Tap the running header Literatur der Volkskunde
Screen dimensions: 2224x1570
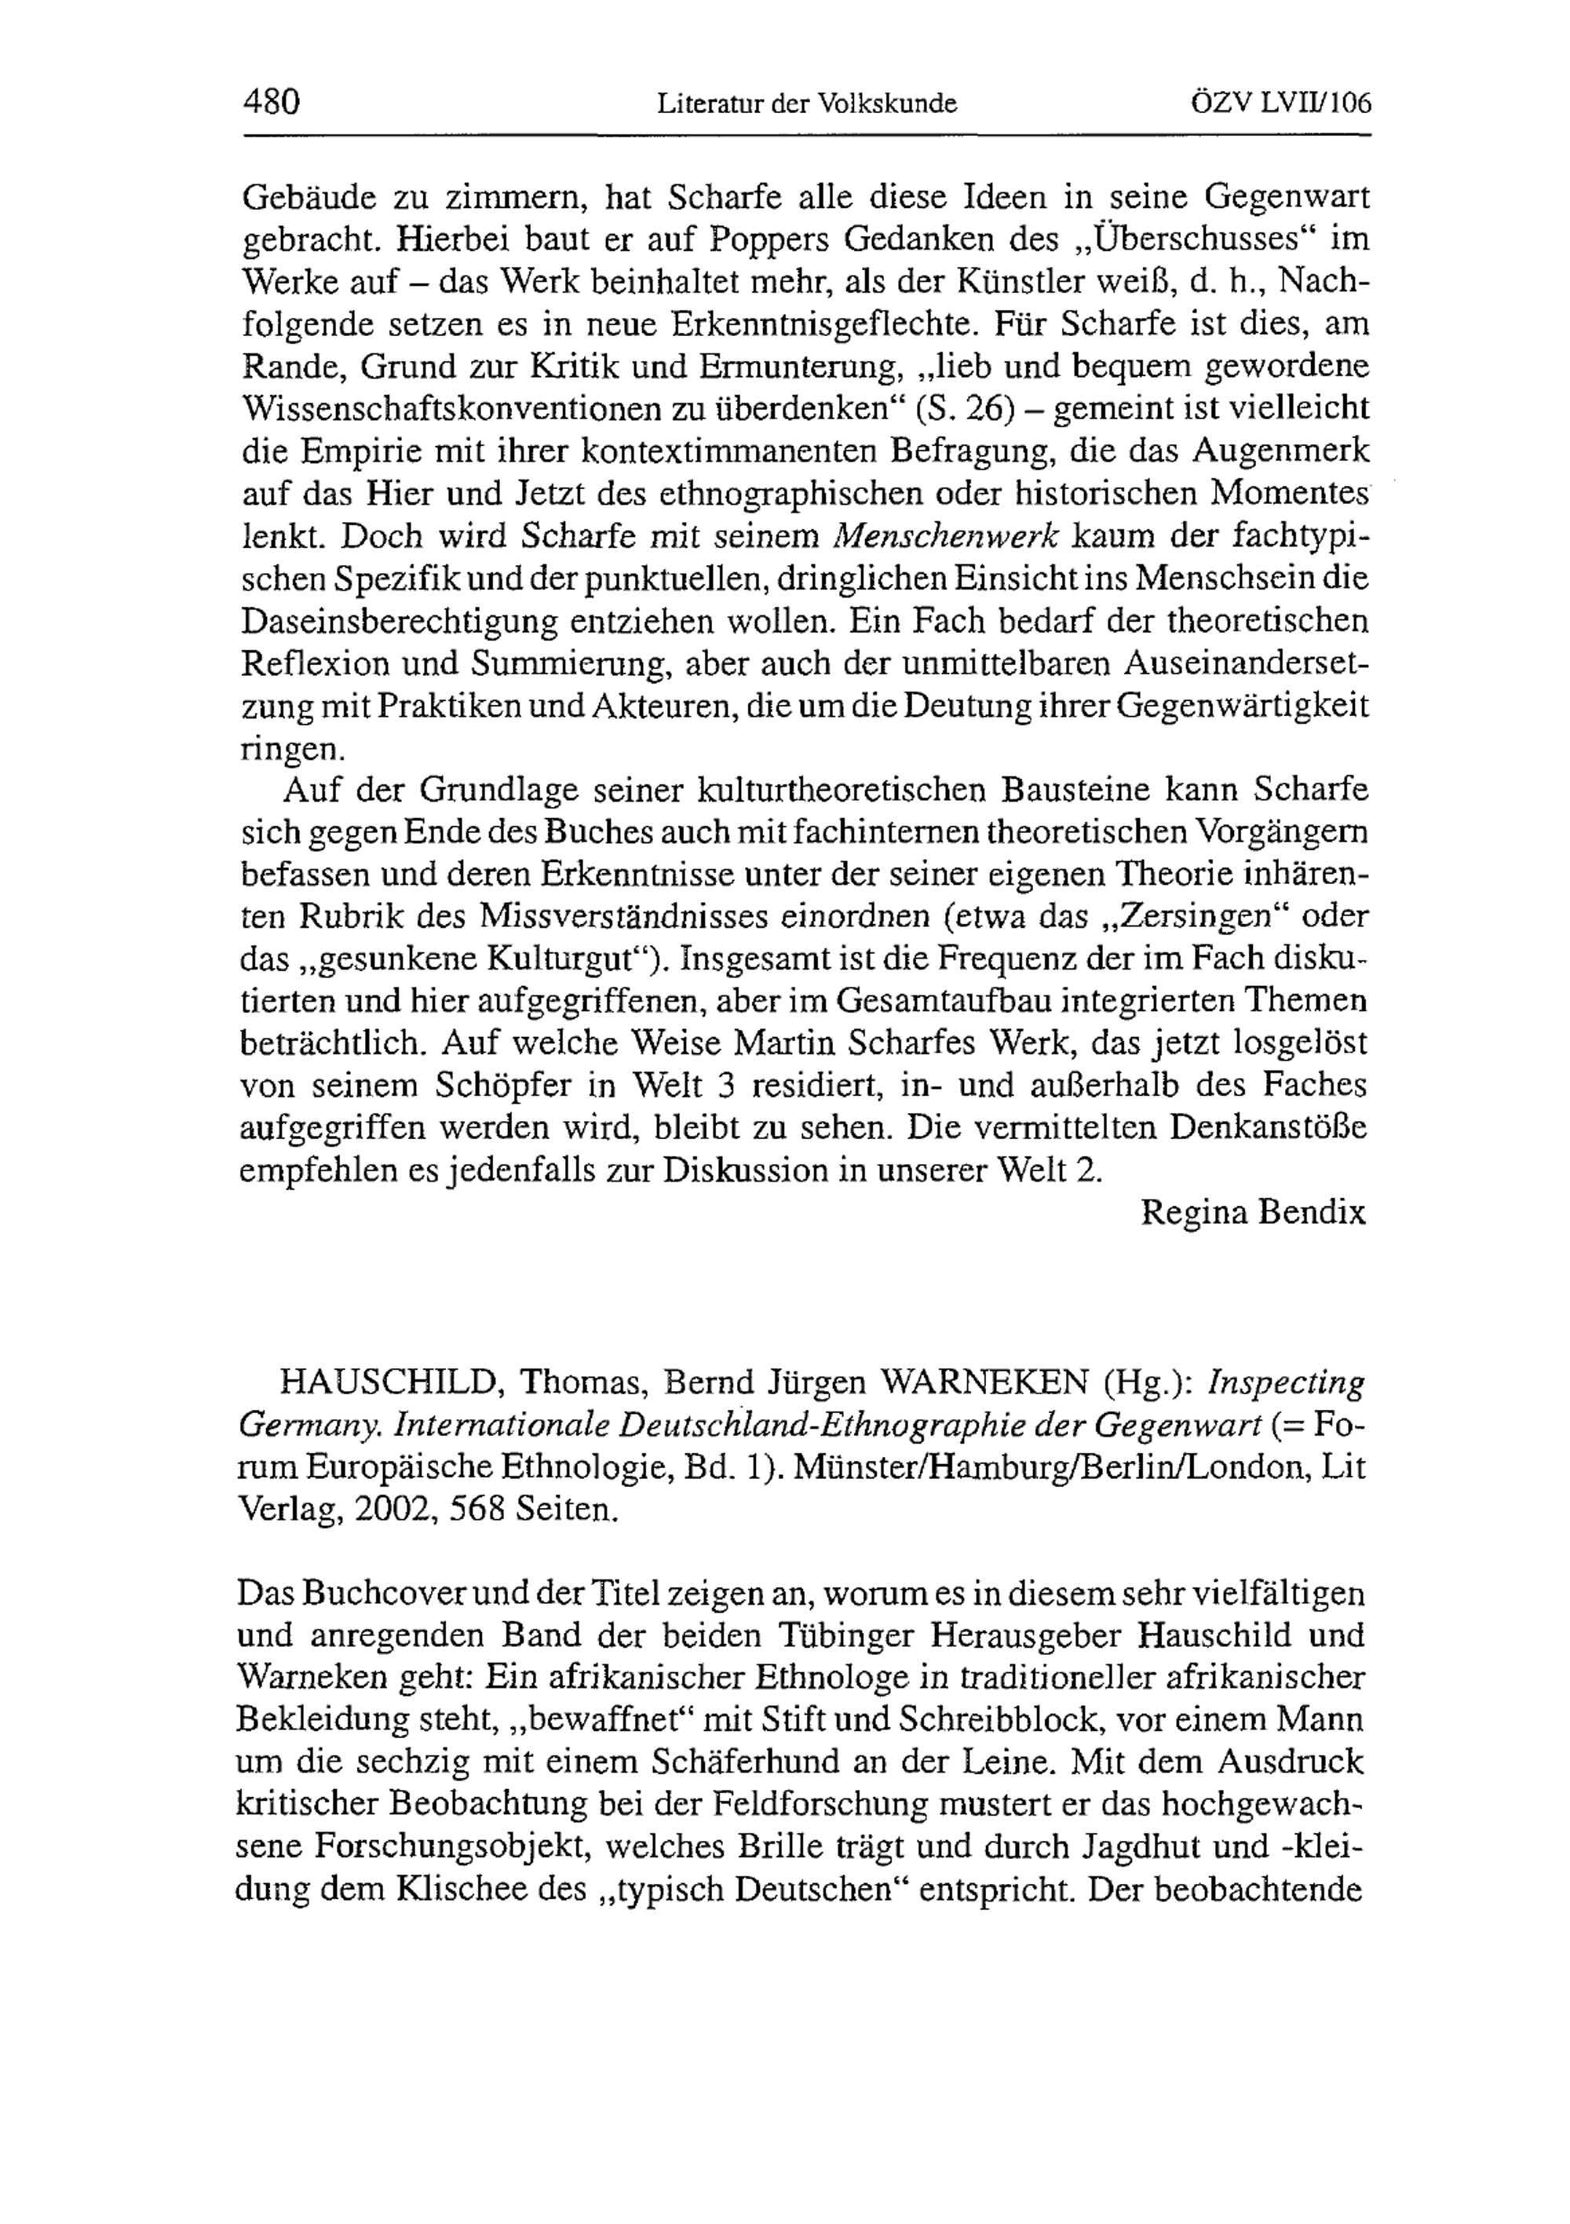(807, 103)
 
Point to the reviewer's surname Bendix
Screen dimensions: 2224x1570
(1313, 1214)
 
